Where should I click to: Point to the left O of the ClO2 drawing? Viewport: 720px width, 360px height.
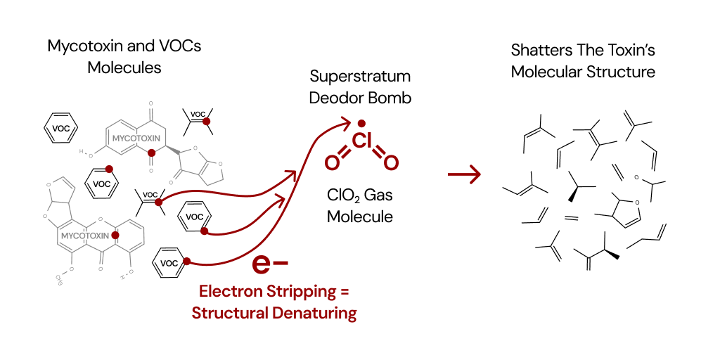click(332, 162)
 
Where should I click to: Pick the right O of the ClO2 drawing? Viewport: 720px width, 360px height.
click(391, 162)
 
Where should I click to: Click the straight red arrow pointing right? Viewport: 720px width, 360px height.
click(465, 174)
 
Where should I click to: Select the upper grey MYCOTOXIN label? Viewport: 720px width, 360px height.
click(136, 138)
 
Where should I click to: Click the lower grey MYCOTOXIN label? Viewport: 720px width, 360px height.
click(85, 236)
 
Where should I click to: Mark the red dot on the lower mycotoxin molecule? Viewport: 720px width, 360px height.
click(115, 235)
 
